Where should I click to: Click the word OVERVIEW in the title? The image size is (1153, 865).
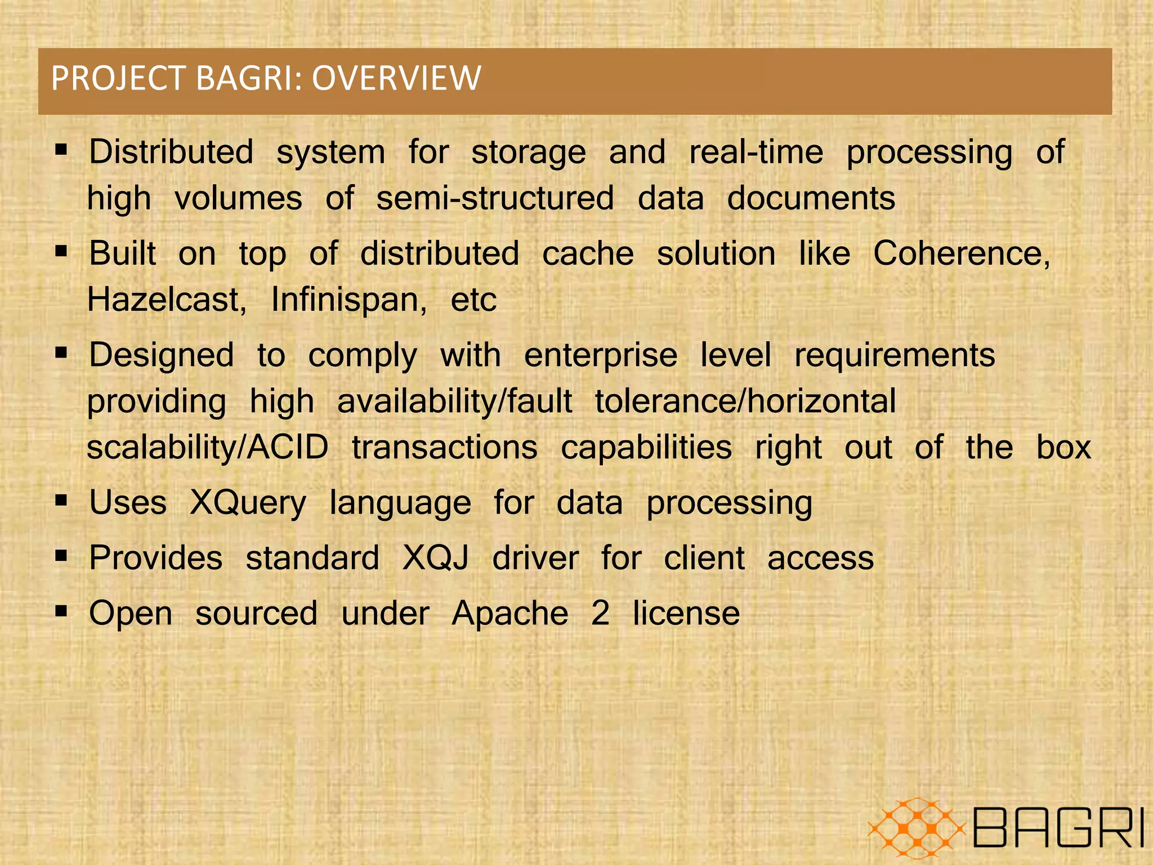coord(396,78)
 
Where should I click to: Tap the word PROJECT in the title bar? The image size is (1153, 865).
coord(119,78)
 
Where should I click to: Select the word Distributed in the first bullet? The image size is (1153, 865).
coord(171,152)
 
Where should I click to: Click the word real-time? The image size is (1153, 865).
coord(756,152)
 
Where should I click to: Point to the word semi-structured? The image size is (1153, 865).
coord(495,198)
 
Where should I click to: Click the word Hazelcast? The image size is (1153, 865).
coord(166,299)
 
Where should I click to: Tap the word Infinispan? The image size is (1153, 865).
coord(348,299)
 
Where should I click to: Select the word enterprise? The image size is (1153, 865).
coord(601,355)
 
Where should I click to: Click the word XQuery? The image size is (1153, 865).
coord(248,502)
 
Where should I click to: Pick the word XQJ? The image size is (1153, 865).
coord(436,558)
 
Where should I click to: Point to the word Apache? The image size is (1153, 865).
coord(510,613)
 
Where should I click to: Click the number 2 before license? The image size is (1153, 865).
coord(600,613)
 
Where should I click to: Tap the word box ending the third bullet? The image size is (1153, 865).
coord(1063,448)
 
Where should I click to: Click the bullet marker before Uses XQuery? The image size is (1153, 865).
coord(61,500)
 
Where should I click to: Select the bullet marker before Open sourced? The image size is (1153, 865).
coord(61,610)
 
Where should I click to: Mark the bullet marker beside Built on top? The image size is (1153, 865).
coord(61,251)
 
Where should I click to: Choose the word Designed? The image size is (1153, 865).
coord(162,355)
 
